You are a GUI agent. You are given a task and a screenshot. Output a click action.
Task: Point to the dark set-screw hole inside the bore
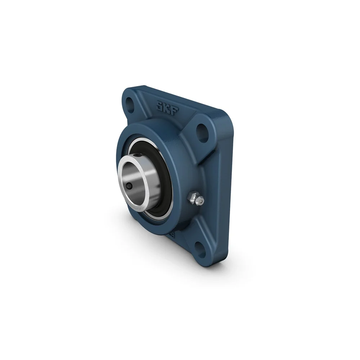[x=129, y=186]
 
